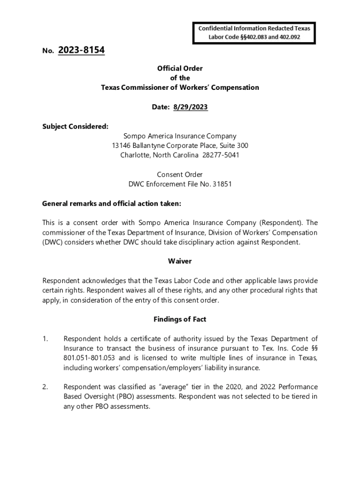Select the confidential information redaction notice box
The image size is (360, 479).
[254, 32]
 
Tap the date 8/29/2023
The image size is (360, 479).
[190, 107]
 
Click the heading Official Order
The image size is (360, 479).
[180, 68]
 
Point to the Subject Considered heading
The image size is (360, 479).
[75, 126]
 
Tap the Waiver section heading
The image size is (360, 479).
[180, 261]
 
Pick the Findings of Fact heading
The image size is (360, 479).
[180, 319]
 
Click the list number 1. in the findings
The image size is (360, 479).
[45, 339]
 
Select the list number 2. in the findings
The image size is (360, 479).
[45, 387]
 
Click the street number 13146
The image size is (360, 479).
[122, 145]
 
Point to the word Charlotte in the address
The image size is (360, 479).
[134, 155]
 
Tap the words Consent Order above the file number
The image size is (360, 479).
[180, 174]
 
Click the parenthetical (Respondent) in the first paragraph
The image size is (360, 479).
[280, 223]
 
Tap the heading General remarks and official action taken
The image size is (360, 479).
[111, 203]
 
